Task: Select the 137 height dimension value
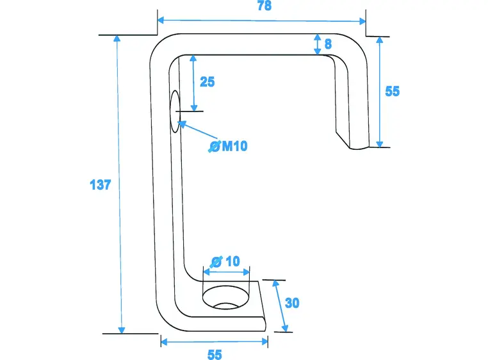coord(101,185)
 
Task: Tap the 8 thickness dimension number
coord(328,44)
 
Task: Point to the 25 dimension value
coord(207,82)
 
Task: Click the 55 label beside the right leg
coord(392,92)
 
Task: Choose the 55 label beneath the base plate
coord(215,354)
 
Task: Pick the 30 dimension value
coord(292,303)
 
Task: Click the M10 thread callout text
coord(234,147)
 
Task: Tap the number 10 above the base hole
coord(232,261)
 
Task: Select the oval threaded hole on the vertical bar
coord(175,111)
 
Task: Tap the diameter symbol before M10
coord(215,147)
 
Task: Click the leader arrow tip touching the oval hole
coord(181,122)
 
